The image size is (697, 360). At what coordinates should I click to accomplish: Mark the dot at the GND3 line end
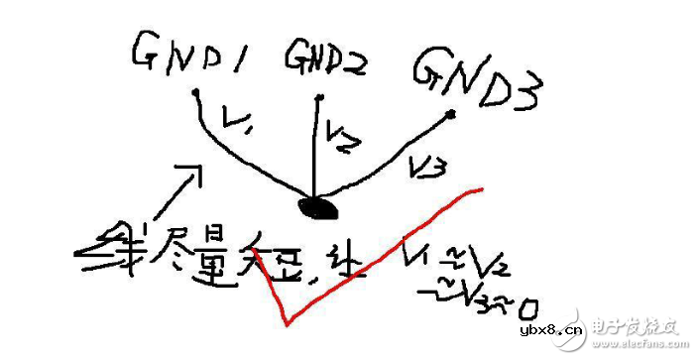[x=452, y=115]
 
